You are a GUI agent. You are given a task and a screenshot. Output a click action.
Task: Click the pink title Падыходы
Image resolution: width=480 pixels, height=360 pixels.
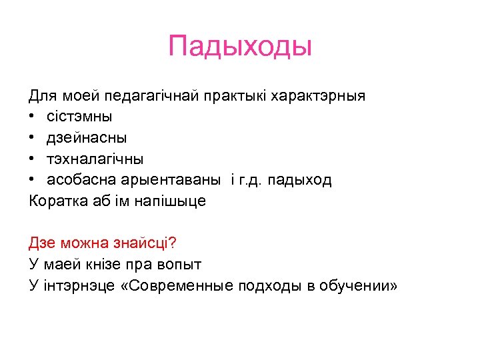pos(240,47)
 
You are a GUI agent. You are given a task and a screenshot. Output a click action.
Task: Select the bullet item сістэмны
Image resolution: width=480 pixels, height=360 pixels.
pos(79,117)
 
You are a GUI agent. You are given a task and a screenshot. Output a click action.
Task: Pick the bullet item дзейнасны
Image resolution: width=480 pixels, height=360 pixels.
pos(87,138)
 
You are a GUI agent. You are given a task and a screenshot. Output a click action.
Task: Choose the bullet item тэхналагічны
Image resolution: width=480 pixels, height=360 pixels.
pos(95,159)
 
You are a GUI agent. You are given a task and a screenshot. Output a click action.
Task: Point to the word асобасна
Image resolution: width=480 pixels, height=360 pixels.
pos(82,181)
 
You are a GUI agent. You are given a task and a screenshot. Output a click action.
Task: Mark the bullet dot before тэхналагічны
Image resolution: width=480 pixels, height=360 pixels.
pos(33,159)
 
